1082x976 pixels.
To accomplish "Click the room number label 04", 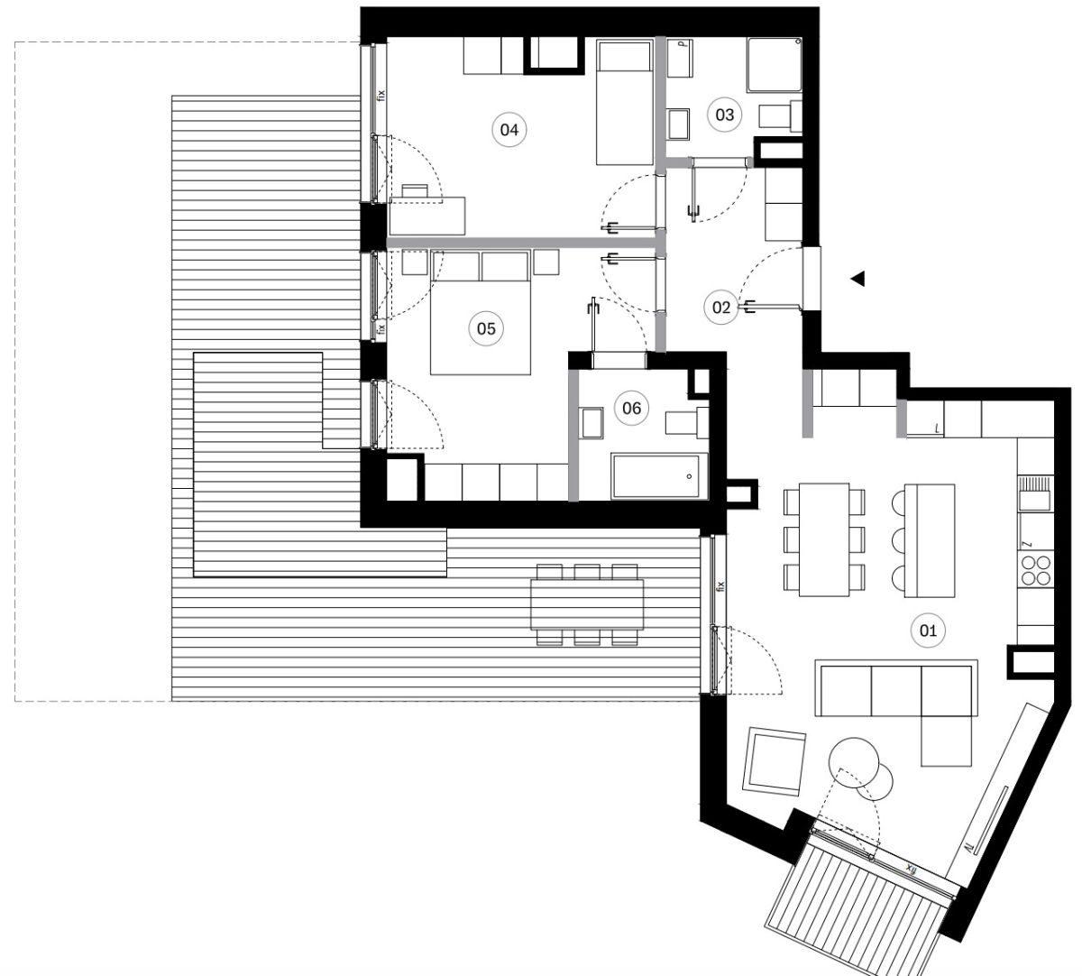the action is tap(509, 130).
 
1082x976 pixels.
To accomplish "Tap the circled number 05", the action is tap(486, 328).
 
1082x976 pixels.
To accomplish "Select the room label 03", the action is tap(724, 115).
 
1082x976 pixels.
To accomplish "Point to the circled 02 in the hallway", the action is tap(721, 308).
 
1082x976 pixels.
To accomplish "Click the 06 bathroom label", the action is tap(631, 408).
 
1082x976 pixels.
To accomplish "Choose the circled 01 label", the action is tap(928, 630).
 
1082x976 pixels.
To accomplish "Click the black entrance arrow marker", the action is tap(858, 279).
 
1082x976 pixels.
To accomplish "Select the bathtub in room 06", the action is tap(659, 475).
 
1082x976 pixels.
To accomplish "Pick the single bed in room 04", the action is tap(625, 102).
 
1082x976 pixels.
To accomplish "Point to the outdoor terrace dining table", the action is tap(587, 604).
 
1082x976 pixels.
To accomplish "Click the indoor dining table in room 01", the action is tap(824, 539).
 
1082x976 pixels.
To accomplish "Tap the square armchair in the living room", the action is tap(775, 761).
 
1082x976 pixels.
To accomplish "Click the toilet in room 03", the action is tap(780, 115).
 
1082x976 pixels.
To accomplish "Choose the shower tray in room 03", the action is tap(774, 64).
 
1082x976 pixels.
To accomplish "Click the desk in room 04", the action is tap(427, 216).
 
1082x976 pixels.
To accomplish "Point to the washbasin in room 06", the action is tap(591, 423).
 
